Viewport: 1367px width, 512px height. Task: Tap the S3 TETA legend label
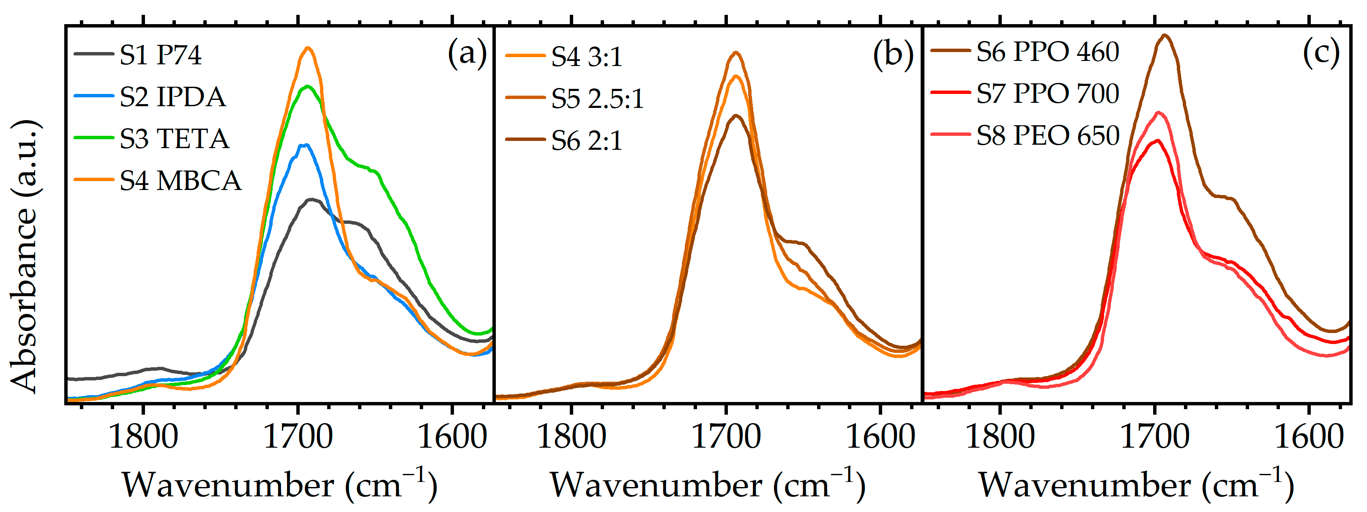pos(174,139)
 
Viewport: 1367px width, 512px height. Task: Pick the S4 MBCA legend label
pos(180,181)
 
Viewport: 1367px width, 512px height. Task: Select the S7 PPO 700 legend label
pos(1047,94)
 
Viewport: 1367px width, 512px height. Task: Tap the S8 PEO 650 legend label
pos(1047,135)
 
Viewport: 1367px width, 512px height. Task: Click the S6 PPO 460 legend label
pos(1047,52)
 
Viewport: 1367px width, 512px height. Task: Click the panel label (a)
pos(467,53)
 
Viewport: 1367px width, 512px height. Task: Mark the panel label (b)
pos(893,54)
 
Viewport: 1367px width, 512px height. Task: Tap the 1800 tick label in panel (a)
pos(143,437)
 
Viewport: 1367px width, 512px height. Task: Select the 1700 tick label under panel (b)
pos(725,437)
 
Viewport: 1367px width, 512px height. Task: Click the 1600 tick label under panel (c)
pos(1309,437)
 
